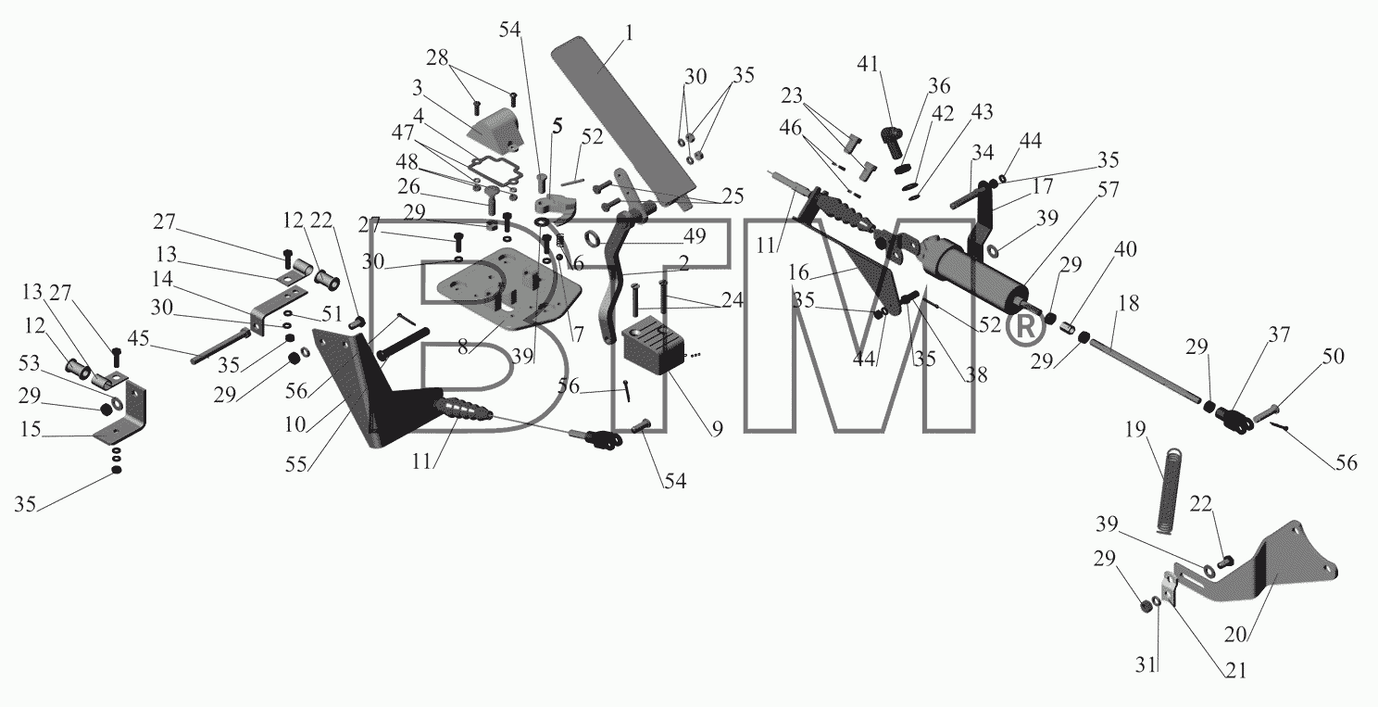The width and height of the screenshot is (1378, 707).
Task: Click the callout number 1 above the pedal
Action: click(628, 32)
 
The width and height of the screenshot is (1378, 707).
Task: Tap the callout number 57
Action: click(1108, 189)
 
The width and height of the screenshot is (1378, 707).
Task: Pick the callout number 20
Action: click(1235, 633)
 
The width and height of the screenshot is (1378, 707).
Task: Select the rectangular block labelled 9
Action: click(654, 344)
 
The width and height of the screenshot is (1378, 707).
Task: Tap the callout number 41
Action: click(868, 63)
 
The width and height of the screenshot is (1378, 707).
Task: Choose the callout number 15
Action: click(31, 429)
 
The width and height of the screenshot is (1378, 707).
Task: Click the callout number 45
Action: click(138, 338)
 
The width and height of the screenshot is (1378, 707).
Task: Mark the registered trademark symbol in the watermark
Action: click(1024, 327)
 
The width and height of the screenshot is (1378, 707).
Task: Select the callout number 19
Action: click(1135, 429)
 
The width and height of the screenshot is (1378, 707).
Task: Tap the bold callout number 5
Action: click(557, 126)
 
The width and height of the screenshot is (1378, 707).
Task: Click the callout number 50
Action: click(1334, 356)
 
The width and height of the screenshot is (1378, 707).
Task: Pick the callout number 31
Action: click(1146, 665)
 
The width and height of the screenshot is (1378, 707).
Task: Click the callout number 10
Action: click(295, 424)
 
